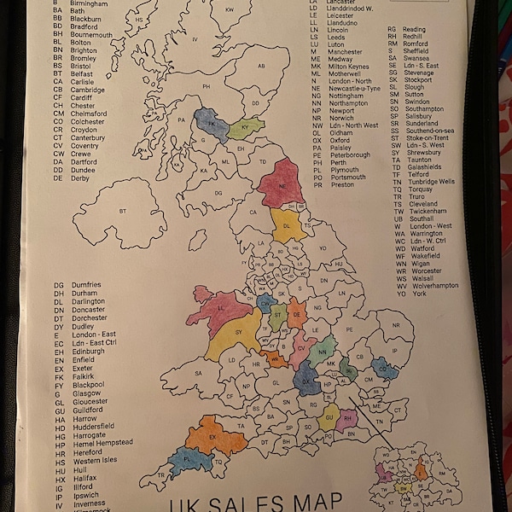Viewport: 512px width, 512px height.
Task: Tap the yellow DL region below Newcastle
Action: pyautogui.click(x=288, y=226)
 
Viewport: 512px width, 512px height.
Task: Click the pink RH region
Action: pyautogui.click(x=347, y=419)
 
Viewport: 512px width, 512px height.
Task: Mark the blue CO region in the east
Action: pyautogui.click(x=385, y=369)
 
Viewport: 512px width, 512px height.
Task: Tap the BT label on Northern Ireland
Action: pyautogui.click(x=123, y=210)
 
